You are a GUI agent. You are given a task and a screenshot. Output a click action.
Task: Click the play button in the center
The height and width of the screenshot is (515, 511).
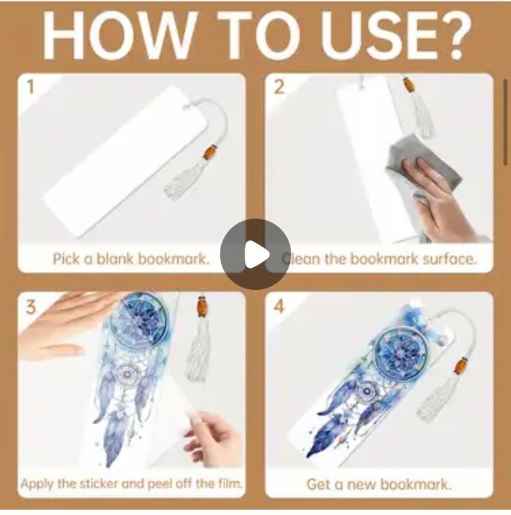coord(255,254)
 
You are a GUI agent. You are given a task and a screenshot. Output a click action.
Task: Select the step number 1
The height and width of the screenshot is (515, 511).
coord(30,87)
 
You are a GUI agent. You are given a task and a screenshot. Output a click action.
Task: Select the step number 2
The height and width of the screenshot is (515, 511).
coord(279,87)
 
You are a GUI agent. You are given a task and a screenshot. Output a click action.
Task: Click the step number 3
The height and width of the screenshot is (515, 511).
coord(30,308)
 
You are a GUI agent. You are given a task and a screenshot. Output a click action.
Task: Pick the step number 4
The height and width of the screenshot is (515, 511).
coord(279,308)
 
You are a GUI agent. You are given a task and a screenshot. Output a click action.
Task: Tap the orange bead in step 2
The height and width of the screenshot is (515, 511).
coord(409,85)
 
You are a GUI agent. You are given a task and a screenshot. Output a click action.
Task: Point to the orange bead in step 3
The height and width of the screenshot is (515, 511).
coord(201,306)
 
